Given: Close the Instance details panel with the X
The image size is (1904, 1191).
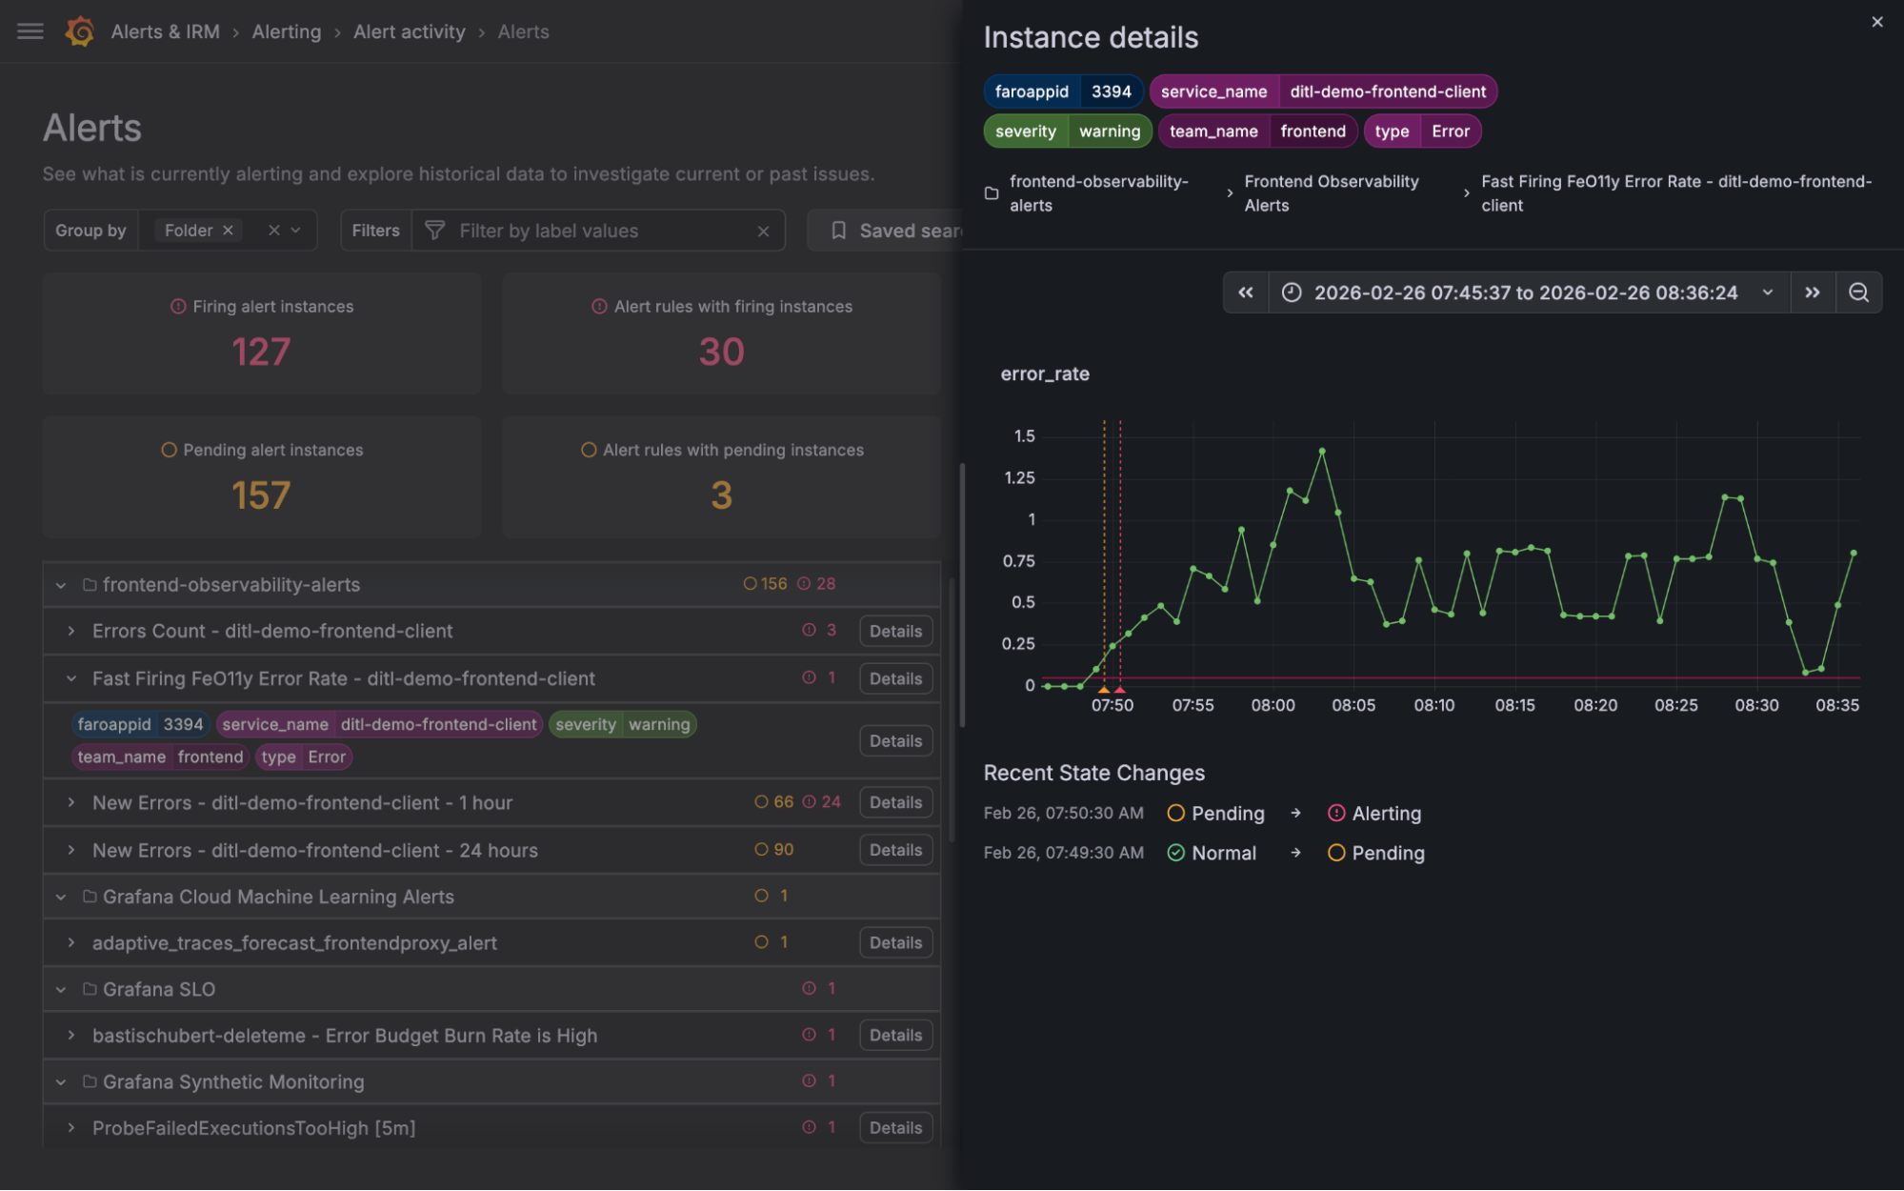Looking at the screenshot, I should pos(1876,22).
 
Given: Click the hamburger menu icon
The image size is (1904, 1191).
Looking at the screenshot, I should pos(30,31).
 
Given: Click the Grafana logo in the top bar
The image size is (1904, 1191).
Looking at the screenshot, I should pos(80,31).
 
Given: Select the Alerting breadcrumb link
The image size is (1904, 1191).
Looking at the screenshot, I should pos(286,31).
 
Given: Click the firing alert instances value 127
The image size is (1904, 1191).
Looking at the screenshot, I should pos(261,352).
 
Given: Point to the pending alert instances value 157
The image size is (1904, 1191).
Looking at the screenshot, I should pos(261,495).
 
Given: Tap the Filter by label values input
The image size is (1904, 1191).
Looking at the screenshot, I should pos(600,231).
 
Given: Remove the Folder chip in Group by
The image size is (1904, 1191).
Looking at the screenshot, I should pos(228,231).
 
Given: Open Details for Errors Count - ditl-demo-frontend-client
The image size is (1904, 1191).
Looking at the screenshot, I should pos(894,631).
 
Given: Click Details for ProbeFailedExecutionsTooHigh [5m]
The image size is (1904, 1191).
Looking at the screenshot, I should pos(894,1127).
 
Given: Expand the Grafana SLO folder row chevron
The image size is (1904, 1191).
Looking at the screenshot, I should pos(61,989).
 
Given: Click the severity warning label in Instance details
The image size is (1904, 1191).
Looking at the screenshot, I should pos(1067,131).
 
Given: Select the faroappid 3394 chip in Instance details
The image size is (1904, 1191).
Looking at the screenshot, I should pos(1062,91).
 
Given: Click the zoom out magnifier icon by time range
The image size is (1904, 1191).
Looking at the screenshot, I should pos(1857,293).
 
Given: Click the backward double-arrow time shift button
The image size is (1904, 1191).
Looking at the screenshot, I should pos(1245,293).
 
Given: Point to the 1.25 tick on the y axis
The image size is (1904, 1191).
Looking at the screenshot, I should pos(1019,477).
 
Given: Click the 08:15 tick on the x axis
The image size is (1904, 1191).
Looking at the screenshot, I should pos(1513,705).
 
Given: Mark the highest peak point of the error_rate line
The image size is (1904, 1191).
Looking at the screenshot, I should pos(1321,451).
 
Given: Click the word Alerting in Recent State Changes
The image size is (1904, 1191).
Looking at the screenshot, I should pos(1386,814).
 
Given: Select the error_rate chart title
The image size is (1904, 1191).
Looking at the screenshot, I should pos(1044,374).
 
